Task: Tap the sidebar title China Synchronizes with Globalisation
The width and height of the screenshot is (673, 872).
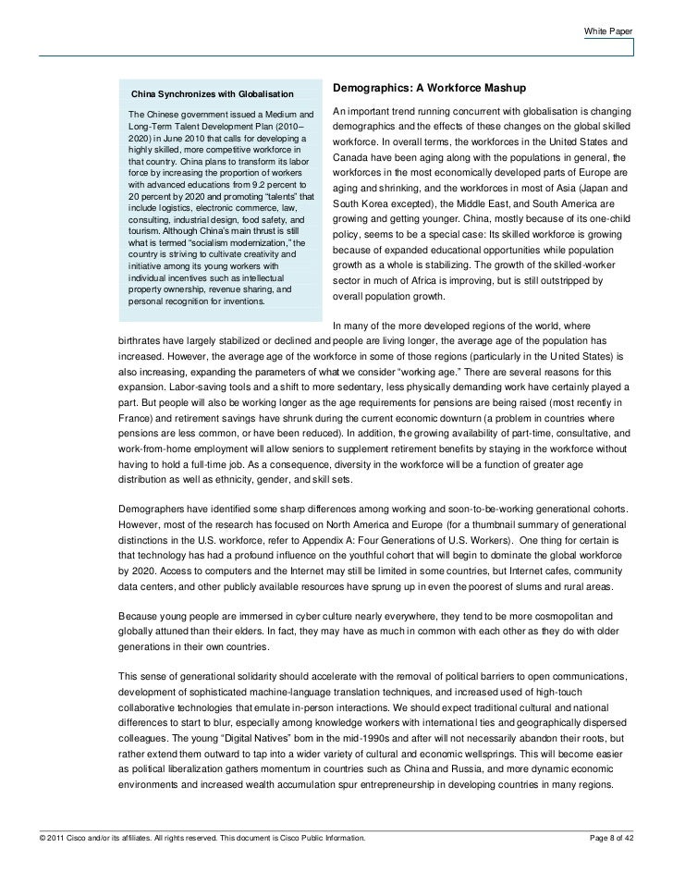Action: coord(212,95)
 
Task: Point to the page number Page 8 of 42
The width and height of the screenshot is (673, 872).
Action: coord(620,838)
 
